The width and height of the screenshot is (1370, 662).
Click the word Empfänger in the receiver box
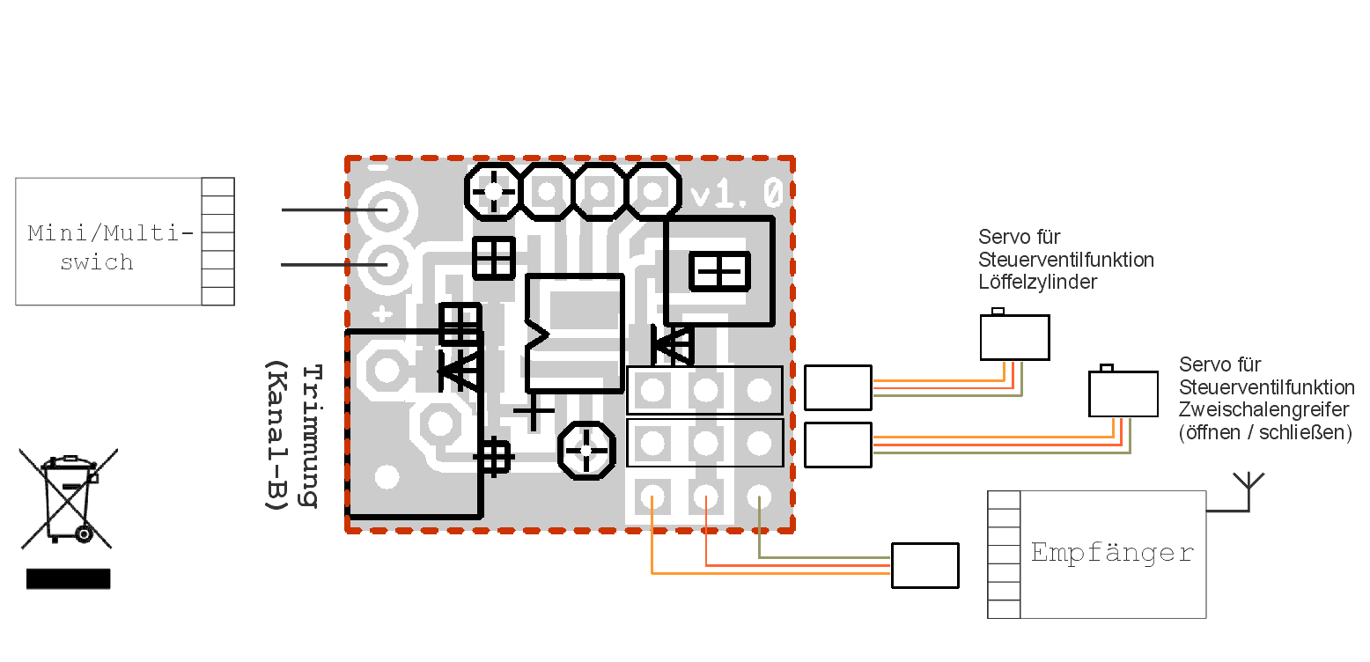(x=1112, y=553)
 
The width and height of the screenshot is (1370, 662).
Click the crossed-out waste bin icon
(x=69, y=498)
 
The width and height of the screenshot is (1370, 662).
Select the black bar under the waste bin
(x=69, y=578)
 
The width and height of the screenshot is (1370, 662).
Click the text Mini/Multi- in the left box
(x=110, y=233)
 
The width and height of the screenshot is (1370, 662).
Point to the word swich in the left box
(x=97, y=262)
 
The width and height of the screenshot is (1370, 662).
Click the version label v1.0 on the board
(x=737, y=194)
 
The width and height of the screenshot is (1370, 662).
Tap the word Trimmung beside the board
(x=310, y=436)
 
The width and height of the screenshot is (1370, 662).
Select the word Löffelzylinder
(x=1038, y=283)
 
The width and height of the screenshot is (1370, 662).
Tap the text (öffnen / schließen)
(x=1264, y=433)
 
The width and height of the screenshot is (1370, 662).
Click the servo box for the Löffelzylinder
(x=1014, y=337)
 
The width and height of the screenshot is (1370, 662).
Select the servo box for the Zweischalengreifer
(x=1123, y=394)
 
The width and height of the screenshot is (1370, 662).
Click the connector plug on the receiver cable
(x=924, y=565)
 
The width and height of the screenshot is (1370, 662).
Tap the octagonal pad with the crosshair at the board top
(x=495, y=190)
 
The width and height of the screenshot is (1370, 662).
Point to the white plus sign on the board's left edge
(x=382, y=313)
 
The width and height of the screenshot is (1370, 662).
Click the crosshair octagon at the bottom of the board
(x=586, y=451)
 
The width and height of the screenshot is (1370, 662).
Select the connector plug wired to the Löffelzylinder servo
(x=837, y=387)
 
